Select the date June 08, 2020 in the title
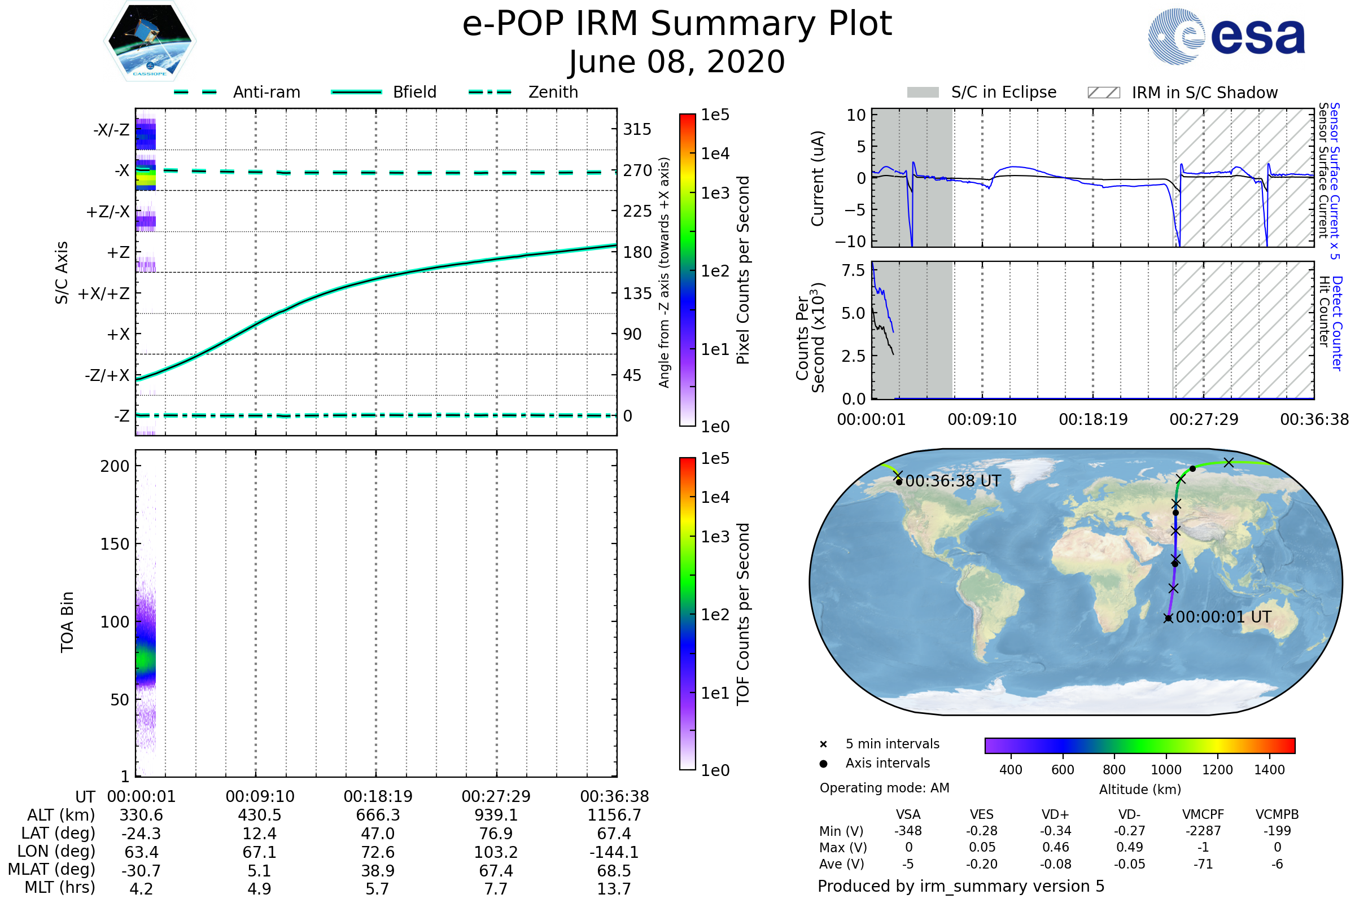[x=677, y=62]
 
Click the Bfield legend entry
[x=414, y=92]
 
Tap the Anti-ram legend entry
[x=266, y=92]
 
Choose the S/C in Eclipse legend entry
[x=1004, y=92]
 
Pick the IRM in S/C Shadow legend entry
[x=1204, y=93]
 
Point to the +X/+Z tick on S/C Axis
[x=104, y=293]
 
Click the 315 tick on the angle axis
[x=637, y=129]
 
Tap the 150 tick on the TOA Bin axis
[x=115, y=544]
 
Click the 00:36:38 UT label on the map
[x=953, y=481]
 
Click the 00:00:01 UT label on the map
[x=1223, y=617]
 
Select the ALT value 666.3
[x=378, y=816]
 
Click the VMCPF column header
[x=1203, y=815]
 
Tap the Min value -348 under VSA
[x=908, y=831]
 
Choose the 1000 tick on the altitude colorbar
[x=1165, y=770]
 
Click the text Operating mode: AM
[x=884, y=788]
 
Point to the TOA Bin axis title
[x=67, y=622]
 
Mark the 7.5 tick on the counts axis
[x=853, y=271]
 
